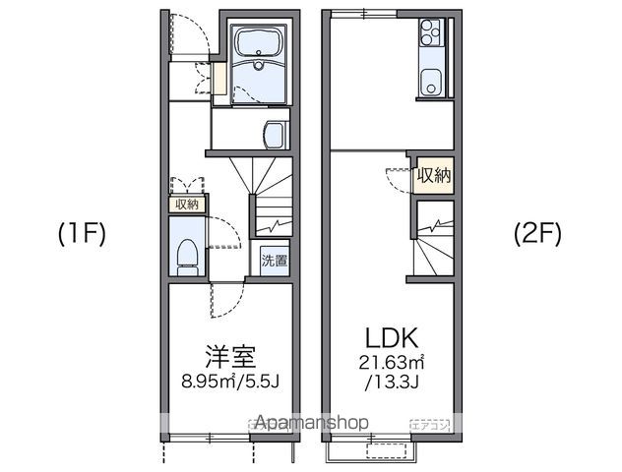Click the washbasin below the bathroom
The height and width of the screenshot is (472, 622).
coord(277,133)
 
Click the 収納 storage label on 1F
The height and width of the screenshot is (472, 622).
coord(186,205)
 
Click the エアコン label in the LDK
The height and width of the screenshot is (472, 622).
coord(430,423)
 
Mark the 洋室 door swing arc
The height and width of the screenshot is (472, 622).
coord(221,295)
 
